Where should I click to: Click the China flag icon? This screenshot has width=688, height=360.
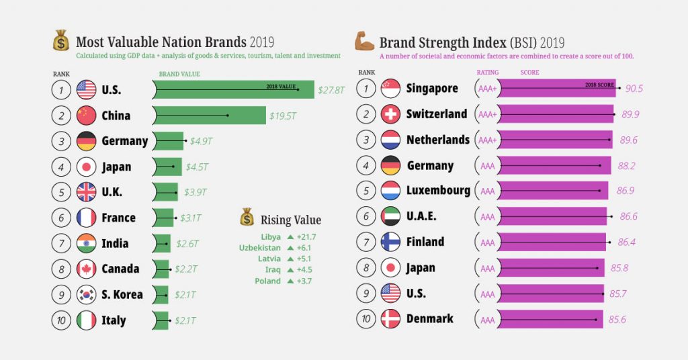(x=87, y=116)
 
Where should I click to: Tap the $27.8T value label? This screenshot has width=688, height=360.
(x=333, y=90)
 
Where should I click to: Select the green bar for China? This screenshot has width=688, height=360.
(x=209, y=116)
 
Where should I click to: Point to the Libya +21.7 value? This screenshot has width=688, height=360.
(x=306, y=237)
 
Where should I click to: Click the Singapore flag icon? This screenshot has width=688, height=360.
(x=391, y=88)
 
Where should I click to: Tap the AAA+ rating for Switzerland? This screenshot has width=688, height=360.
(x=487, y=114)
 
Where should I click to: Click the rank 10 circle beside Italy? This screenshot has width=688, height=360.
(x=61, y=320)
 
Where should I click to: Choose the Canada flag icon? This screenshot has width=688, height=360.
(x=87, y=269)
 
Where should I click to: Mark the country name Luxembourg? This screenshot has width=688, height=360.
(x=438, y=191)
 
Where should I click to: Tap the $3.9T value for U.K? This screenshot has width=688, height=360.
(x=196, y=192)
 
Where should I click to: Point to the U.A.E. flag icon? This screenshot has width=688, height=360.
(x=391, y=216)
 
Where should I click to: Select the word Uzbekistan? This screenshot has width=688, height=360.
(x=259, y=248)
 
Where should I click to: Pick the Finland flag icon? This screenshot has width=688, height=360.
(x=391, y=242)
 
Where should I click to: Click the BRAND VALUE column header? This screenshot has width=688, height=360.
(x=179, y=74)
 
